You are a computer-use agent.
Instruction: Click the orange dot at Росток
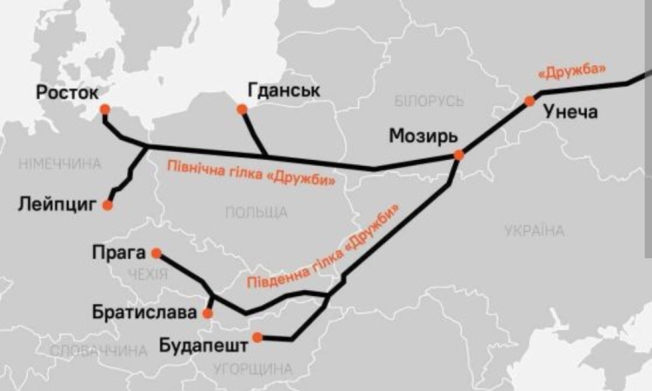pos(104,110)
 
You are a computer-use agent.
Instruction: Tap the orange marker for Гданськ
pos(242,109)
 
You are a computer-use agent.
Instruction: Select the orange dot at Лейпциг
pos(107,206)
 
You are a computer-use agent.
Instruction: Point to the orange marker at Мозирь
pos(458,155)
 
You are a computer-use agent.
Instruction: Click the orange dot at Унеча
pos(529,101)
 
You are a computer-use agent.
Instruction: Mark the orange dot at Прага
pos(156,253)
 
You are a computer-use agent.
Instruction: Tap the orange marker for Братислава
pos(208,313)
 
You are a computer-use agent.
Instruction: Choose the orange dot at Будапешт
pos(256,337)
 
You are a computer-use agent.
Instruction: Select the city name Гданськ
pos(283,90)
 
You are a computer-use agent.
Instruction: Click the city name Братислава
pos(144,311)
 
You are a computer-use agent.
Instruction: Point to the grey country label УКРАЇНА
pos(535,230)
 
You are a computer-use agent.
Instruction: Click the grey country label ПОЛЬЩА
pos(256,212)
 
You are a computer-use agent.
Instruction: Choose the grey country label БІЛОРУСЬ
pos(429,102)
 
